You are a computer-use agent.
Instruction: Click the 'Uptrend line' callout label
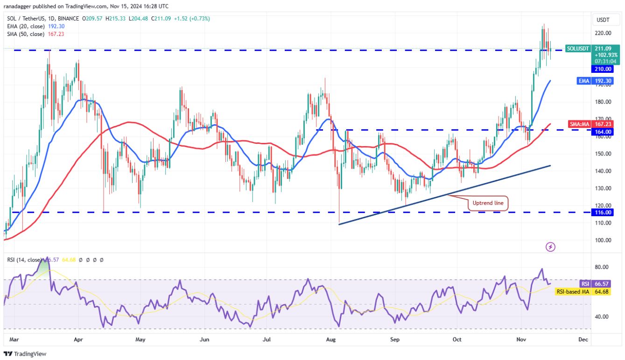[488, 203]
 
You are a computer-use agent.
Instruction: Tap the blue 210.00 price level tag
[603, 69]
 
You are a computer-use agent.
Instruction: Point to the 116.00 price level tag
[603, 212]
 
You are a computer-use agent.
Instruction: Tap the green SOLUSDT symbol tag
[579, 48]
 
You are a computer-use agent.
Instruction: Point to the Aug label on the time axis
[330, 339]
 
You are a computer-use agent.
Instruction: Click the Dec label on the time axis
[583, 339]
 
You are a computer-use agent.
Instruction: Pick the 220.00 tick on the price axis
[603, 33]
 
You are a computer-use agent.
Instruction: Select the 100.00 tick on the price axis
[603, 240]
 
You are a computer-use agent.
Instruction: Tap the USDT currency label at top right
[603, 20]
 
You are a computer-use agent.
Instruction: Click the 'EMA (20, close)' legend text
[26, 27]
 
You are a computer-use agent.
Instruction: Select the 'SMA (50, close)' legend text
[26, 34]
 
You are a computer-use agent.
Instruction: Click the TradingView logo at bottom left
[25, 354]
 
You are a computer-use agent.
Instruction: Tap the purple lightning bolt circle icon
[550, 247]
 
